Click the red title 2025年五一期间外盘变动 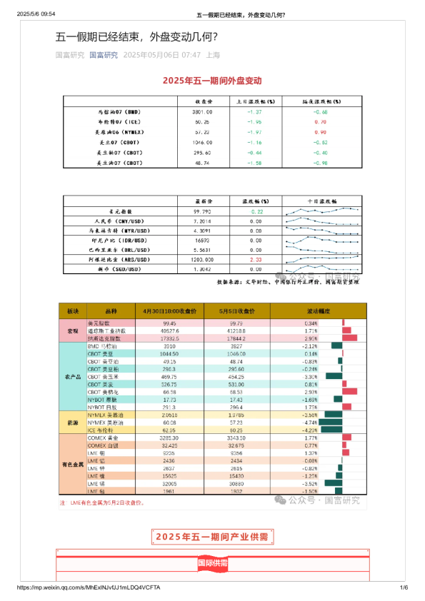point(212,81)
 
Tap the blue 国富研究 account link point(104,55)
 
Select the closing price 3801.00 point(202,112)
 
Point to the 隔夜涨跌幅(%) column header point(320,102)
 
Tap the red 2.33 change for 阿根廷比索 point(256,259)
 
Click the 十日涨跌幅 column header point(323,202)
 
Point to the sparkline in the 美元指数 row point(323,211)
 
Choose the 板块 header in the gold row point(73,311)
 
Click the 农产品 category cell point(73,375)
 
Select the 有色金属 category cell point(73,465)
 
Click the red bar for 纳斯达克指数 point(349,338)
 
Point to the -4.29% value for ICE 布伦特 point(309,430)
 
